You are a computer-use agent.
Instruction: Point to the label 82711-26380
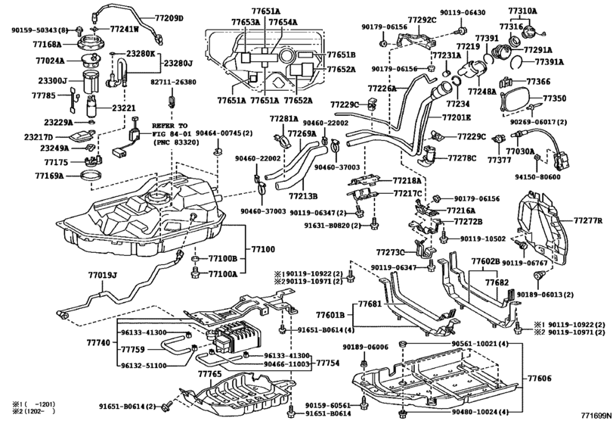pos(172,82)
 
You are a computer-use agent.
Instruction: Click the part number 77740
pos(98,343)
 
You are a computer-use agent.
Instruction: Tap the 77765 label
pos(210,374)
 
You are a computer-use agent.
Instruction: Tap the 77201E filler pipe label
pos(456,117)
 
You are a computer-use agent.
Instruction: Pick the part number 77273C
pos(392,251)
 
